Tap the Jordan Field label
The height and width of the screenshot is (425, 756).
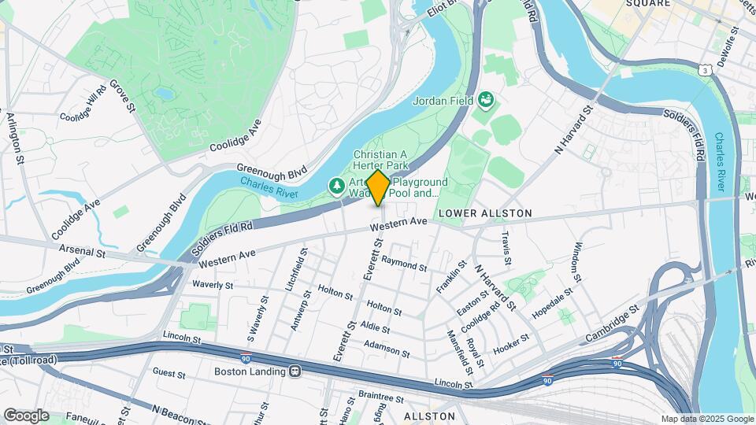[x=443, y=101]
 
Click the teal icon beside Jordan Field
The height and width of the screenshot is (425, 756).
[x=487, y=99]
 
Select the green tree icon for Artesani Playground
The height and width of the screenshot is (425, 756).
[x=336, y=186]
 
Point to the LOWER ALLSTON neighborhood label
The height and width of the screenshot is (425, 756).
[x=485, y=213]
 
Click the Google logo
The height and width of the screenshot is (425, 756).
[x=26, y=415]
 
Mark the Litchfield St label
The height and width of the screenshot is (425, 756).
[x=300, y=267]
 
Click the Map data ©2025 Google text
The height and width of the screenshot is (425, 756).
[x=707, y=419]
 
